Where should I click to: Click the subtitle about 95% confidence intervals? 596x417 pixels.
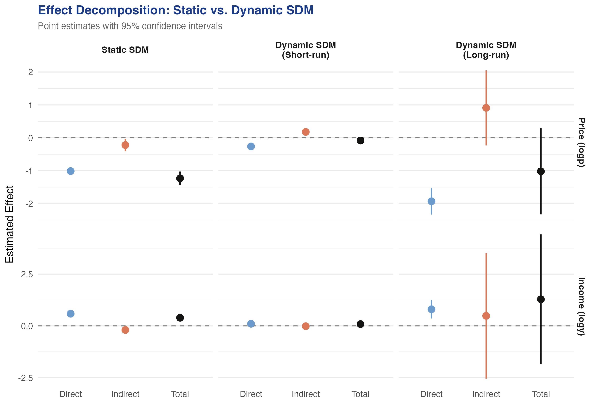pos(130,26)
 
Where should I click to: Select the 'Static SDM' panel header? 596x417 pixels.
pos(125,50)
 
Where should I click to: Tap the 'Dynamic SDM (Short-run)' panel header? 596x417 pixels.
pos(306,50)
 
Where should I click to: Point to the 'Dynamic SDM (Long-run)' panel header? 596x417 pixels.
pos(486,50)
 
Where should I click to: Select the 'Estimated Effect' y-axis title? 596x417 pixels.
pos(10,224)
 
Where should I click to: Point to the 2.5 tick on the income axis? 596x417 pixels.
pos(27,274)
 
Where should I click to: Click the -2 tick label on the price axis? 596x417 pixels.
pos(29,204)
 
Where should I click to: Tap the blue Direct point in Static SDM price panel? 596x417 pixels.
pos(71,171)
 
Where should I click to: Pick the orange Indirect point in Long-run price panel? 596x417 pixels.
pos(486,108)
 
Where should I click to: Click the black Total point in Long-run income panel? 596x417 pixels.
pos(541,299)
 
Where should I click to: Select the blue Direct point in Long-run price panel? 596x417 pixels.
pos(432,201)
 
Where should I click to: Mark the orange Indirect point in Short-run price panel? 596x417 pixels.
pos(306,132)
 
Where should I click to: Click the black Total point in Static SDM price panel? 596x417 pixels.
pos(180,178)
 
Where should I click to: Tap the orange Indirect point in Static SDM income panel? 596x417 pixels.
pos(125,330)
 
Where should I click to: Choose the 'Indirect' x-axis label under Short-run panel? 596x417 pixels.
pos(306,394)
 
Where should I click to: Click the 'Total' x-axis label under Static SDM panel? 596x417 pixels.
pos(180,394)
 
